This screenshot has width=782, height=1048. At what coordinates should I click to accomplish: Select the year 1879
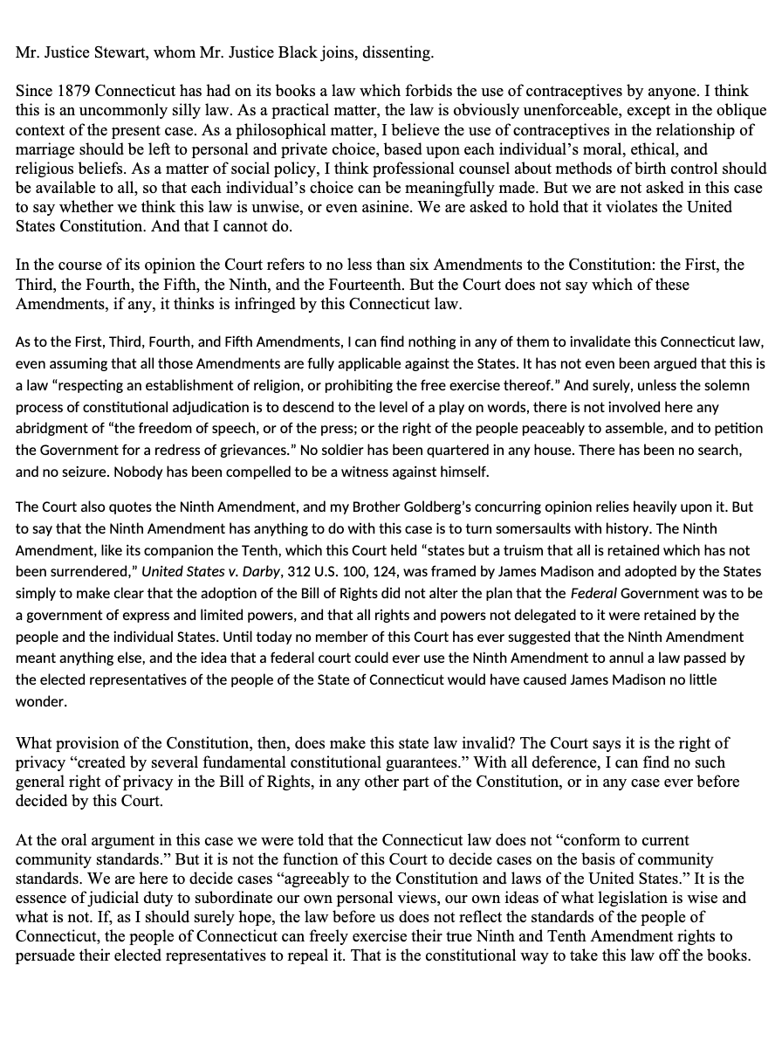(72, 92)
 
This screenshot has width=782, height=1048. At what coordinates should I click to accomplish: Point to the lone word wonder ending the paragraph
(40, 700)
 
